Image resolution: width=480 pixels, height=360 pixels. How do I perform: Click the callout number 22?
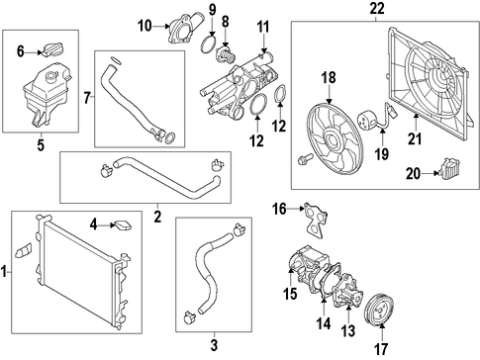pyautogui.click(x=376, y=9)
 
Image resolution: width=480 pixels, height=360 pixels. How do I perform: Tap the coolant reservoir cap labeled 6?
pyautogui.click(x=52, y=49)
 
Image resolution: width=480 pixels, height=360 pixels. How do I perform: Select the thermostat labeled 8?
pyautogui.click(x=226, y=54)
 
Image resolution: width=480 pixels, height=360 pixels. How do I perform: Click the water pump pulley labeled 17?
pyautogui.click(x=380, y=308)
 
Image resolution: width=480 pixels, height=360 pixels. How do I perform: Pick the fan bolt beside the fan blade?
pyautogui.click(x=302, y=159)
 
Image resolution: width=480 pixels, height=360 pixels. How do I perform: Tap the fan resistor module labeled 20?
pyautogui.click(x=450, y=168)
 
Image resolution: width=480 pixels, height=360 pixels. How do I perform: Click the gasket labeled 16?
pyautogui.click(x=316, y=219)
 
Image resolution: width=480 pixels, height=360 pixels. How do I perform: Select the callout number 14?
pyautogui.click(x=324, y=323)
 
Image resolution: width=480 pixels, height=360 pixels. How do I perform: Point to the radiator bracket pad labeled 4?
pyautogui.click(x=122, y=225)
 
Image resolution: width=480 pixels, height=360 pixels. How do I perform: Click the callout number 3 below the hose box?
pyautogui.click(x=214, y=345)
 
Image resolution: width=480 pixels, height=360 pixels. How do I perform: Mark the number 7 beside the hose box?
pyautogui.click(x=87, y=98)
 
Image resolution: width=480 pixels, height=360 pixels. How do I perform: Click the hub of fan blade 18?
pyautogui.click(x=331, y=141)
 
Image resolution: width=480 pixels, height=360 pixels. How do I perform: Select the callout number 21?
pyautogui.click(x=415, y=138)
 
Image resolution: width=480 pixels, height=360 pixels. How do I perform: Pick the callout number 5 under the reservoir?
pyautogui.click(x=41, y=145)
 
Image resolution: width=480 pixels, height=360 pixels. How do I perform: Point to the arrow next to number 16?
pyautogui.click(x=295, y=209)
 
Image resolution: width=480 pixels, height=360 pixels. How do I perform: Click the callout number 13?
pyautogui.click(x=348, y=331)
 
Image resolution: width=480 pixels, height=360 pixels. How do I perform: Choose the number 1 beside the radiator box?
pyautogui.click(x=4, y=273)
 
